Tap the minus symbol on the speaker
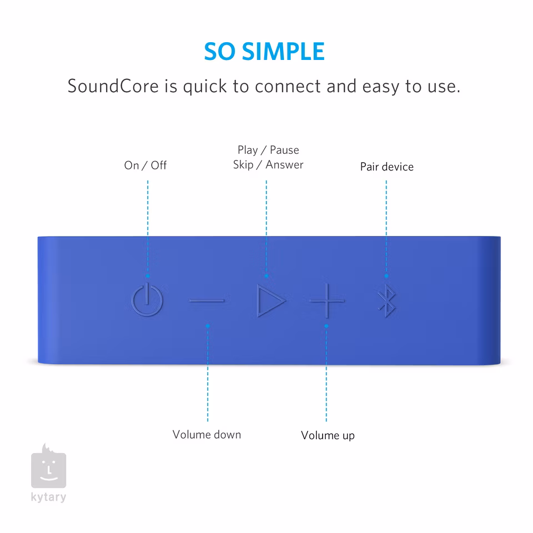[207, 300]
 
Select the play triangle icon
[270, 300]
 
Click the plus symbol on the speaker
[327, 300]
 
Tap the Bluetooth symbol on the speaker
[386, 300]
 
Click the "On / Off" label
[145, 165]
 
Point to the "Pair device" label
[387, 167]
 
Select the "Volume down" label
[207, 434]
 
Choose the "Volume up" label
[328, 435]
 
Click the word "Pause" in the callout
[284, 150]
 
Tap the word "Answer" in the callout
[284, 164]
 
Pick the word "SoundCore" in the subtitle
[113, 86]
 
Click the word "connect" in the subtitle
[288, 87]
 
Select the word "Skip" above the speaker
[243, 165]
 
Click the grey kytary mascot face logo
[49, 466]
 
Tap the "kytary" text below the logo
[49, 497]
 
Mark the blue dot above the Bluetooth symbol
[386, 276]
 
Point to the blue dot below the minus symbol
[208, 326]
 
